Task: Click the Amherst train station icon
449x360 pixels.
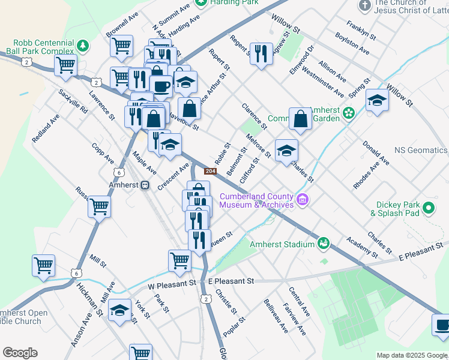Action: [145, 186]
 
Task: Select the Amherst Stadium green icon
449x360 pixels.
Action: [324, 244]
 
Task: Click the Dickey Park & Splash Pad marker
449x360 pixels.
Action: [429, 208]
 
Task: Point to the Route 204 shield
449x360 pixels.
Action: [209, 172]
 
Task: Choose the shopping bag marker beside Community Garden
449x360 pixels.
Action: [300, 119]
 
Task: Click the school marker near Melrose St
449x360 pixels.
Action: [286, 150]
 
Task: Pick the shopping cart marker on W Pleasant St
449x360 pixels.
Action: [179, 260]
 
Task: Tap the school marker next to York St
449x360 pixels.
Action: [120, 310]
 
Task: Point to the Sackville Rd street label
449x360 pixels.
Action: [73, 102]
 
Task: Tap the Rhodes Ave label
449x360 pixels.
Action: [366, 174]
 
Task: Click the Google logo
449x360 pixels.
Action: [20, 353]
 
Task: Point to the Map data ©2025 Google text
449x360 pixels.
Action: [411, 355]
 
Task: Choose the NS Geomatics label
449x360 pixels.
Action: [420, 150]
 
